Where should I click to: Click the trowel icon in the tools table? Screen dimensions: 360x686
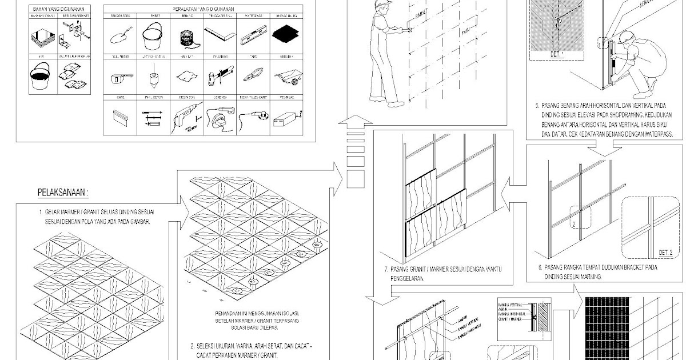119,37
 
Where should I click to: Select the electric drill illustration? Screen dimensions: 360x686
185,118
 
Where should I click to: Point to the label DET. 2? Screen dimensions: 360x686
665,252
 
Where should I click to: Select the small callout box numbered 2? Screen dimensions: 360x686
579,225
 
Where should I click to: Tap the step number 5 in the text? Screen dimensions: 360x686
537,106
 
